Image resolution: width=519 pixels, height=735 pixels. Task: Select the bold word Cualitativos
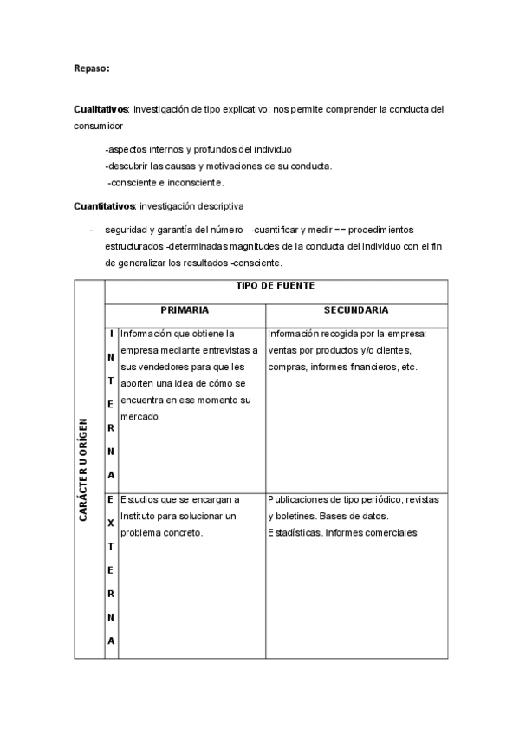coord(101,110)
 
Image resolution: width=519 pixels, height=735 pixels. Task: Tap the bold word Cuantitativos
coord(104,206)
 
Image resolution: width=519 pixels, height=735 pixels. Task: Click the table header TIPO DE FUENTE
coord(276,286)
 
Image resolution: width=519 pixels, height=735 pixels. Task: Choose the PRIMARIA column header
coord(185,309)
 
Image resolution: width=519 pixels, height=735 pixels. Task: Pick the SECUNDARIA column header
coord(356,309)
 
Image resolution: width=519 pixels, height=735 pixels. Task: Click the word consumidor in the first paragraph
coord(99,127)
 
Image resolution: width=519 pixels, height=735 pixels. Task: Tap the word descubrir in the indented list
coord(129,166)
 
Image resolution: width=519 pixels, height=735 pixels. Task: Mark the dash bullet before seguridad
coord(91,230)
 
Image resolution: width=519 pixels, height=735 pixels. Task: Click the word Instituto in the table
coord(140,517)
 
